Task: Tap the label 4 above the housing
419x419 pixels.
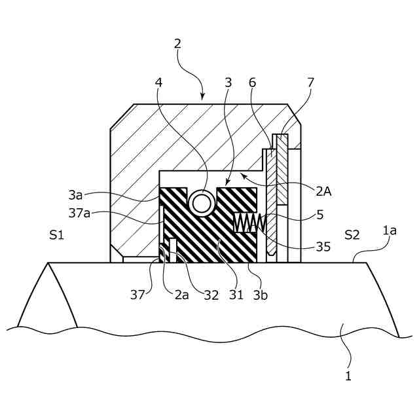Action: [158, 83]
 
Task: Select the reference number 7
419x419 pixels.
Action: [311, 83]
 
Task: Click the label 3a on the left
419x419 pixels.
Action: [75, 194]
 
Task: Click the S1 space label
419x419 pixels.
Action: [56, 234]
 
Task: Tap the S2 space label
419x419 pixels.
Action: [352, 234]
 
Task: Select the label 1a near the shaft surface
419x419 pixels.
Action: [390, 230]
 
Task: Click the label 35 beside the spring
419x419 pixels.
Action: [323, 247]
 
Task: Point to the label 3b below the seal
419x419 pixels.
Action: [261, 295]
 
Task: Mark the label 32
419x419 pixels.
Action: [211, 295]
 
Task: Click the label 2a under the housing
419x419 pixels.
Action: [181, 295]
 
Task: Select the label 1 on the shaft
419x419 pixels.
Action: [348, 376]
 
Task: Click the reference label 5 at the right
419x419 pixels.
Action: [319, 214]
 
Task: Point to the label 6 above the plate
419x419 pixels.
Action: [253, 83]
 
